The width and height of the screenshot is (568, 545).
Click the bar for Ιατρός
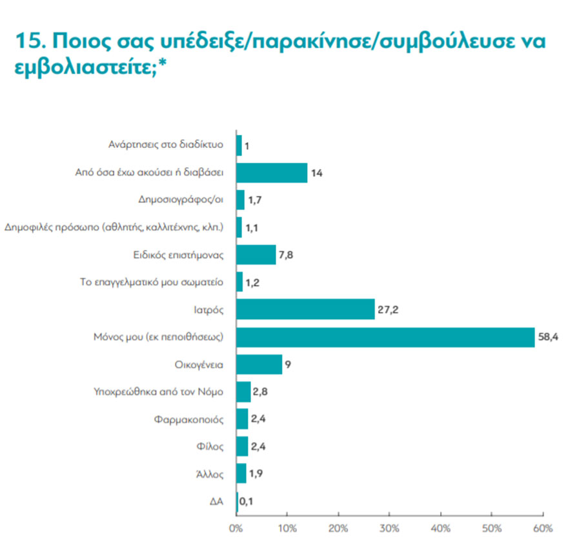[x=305, y=309]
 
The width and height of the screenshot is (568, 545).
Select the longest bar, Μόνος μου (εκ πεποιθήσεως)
[x=385, y=337]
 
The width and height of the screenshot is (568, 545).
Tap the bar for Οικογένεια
[x=259, y=365]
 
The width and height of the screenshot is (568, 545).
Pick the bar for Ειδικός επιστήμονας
[x=256, y=254]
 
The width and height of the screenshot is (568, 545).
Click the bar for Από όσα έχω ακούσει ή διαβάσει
[x=272, y=172]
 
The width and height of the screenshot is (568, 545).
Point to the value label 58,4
[x=547, y=336]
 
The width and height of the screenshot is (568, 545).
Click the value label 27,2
[x=387, y=309]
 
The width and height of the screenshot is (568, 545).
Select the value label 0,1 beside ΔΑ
[x=245, y=501]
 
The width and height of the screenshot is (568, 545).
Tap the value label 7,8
[x=287, y=254]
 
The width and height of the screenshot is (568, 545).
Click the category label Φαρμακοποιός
[x=189, y=419]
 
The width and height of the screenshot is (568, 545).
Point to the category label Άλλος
[x=210, y=474]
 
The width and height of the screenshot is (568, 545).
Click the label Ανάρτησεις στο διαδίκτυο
[x=166, y=145]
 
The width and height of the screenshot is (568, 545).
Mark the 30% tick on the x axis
[x=389, y=528]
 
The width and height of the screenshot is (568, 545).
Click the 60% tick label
[x=543, y=528]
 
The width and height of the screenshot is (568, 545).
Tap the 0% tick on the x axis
[x=236, y=528]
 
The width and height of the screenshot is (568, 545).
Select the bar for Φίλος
[x=242, y=446]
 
